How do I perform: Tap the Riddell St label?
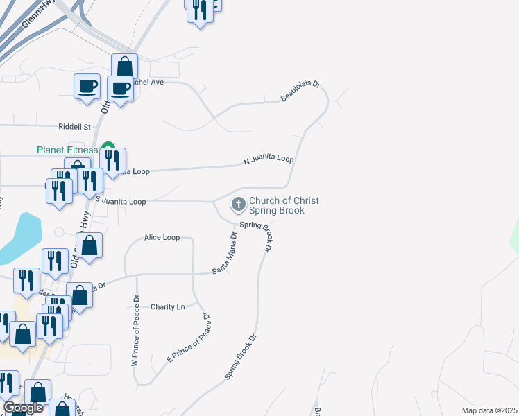[75, 127]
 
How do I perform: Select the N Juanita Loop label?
[269, 160]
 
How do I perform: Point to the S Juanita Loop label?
[121, 202]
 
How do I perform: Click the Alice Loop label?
[162, 237]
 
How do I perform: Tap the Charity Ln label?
[168, 306]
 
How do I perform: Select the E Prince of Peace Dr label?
[187, 338]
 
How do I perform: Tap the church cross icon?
[238, 204]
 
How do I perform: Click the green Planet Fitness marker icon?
[108, 147]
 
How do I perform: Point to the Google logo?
[24, 408]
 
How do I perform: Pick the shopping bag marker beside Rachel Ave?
[124, 67]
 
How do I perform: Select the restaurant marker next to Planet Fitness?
[112, 160]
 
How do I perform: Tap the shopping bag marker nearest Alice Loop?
[89, 245]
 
